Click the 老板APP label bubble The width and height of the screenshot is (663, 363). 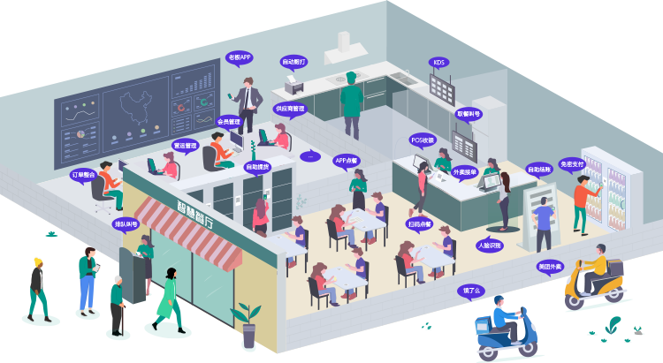click(x=240, y=57)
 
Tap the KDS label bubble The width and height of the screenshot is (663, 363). click(x=439, y=63)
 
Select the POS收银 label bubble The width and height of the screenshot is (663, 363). click(x=423, y=140)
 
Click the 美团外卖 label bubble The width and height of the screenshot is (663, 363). click(x=549, y=266)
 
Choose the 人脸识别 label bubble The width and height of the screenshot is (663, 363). click(x=490, y=244)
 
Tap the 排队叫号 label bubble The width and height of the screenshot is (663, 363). click(x=126, y=223)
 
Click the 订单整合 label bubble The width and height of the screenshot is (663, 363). click(x=83, y=175)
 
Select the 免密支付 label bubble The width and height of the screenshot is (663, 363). click(x=572, y=164)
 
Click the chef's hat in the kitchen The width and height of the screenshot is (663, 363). click(x=352, y=77)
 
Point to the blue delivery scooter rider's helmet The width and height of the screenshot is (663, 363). click(x=499, y=302)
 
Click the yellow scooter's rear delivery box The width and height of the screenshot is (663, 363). click(x=609, y=268)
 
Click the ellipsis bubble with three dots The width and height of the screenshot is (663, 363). click(x=309, y=156)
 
